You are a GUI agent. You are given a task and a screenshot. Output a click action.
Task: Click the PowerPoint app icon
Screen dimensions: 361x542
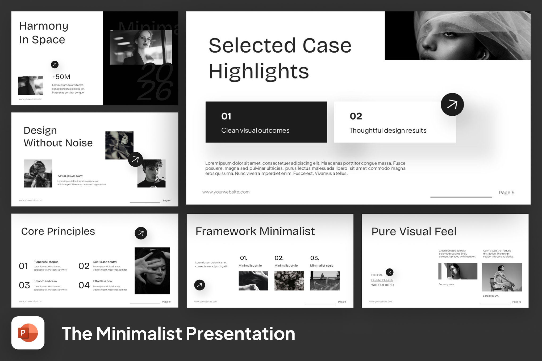click(28, 333)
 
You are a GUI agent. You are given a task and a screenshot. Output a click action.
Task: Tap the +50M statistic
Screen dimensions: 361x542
click(61, 77)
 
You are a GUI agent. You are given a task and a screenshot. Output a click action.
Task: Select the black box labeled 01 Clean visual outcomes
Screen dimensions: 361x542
click(266, 122)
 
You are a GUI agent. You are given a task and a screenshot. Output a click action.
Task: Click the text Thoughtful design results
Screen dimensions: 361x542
click(387, 131)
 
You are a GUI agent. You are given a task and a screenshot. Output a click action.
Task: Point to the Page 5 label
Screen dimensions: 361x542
click(506, 192)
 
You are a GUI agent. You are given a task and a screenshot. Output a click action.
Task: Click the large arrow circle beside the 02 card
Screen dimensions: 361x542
click(452, 104)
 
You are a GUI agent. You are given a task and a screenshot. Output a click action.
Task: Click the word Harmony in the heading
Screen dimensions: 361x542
click(44, 26)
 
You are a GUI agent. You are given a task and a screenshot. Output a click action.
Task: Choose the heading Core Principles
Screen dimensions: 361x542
click(58, 231)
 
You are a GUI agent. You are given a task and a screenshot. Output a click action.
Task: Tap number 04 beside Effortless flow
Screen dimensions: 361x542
click(84, 285)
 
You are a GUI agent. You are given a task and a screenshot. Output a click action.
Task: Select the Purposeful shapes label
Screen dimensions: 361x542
click(46, 262)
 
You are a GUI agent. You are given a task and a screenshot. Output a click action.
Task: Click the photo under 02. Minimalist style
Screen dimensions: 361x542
click(289, 281)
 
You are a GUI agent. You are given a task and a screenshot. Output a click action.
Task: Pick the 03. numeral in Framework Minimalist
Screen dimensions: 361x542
click(314, 258)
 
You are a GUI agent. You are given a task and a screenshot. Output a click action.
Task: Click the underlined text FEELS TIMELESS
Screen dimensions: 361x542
click(382, 280)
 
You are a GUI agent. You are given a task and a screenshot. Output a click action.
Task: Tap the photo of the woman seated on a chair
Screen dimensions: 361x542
click(502, 277)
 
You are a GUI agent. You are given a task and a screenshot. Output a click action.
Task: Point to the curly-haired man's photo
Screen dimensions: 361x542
click(151, 173)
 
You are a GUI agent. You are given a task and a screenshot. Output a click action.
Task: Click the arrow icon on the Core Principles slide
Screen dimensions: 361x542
click(141, 233)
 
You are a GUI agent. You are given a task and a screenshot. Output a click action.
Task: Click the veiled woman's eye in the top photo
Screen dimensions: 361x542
click(449, 34)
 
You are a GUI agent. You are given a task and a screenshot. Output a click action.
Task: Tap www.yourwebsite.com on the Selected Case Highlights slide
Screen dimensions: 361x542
click(226, 192)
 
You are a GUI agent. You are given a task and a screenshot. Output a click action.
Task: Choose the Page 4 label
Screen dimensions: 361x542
click(166, 200)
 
